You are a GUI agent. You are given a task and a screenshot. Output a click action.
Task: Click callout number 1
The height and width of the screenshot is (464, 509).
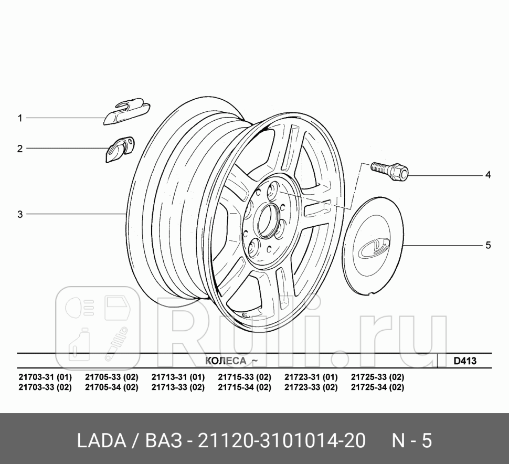pyautogui.click(x=20, y=118)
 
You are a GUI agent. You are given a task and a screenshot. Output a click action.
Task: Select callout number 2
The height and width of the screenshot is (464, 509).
pyautogui.click(x=20, y=149)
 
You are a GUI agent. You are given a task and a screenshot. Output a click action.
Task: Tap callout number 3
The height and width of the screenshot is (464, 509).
pyautogui.click(x=20, y=214)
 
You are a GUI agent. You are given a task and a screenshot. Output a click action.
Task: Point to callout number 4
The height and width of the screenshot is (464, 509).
pyautogui.click(x=487, y=175)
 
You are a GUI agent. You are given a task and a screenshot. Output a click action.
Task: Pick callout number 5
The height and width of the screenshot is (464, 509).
pyautogui.click(x=487, y=245)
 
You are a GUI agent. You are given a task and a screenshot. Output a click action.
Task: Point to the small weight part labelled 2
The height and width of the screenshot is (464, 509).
pyautogui.click(x=120, y=149)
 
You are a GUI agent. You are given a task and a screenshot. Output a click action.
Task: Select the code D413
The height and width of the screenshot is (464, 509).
pyautogui.click(x=464, y=361)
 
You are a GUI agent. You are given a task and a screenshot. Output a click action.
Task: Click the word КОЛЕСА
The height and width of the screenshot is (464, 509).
pyautogui.click(x=226, y=361)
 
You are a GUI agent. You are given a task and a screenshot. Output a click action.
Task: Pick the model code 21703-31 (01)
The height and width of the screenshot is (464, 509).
pyautogui.click(x=45, y=377)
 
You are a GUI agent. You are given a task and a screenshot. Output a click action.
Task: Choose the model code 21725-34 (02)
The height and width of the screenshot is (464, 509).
pyautogui.click(x=377, y=387)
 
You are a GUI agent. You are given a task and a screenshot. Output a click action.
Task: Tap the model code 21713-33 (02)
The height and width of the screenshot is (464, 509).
pyautogui.click(x=178, y=387)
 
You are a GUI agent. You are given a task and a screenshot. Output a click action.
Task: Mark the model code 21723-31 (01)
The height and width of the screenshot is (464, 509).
pyautogui.click(x=311, y=377)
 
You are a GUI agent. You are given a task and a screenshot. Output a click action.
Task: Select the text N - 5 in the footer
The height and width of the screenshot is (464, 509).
pyautogui.click(x=412, y=440)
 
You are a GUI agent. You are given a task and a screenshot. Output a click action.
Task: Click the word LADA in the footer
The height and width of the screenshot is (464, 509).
pyautogui.click(x=99, y=440)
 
